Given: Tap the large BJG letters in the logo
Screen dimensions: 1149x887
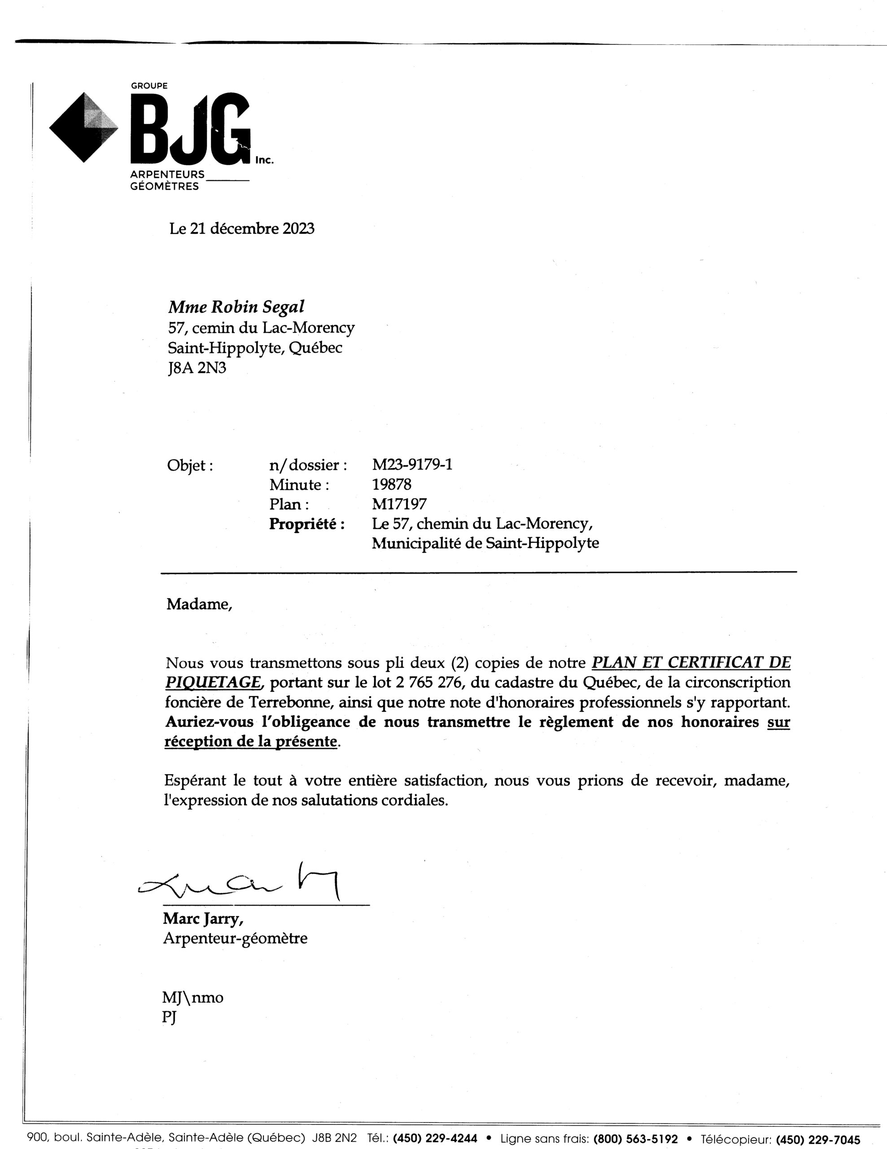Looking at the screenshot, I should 190,129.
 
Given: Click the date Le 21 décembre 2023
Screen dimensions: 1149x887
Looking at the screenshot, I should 241,229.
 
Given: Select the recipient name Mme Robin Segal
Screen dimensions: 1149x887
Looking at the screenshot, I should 236,307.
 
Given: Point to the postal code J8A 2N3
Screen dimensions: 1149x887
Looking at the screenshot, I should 197,368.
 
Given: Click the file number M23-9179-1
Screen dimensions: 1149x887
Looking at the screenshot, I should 412,465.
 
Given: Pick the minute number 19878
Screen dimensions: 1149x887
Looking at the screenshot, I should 392,485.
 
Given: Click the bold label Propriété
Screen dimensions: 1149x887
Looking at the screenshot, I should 307,524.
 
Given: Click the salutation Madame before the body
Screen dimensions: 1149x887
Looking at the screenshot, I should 199,604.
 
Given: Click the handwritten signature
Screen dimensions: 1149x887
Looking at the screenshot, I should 242,884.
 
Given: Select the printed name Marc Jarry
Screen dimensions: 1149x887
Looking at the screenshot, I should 203,919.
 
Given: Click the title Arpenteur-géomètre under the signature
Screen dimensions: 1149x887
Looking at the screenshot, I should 235,938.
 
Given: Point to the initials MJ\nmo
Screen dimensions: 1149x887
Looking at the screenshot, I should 193,997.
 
